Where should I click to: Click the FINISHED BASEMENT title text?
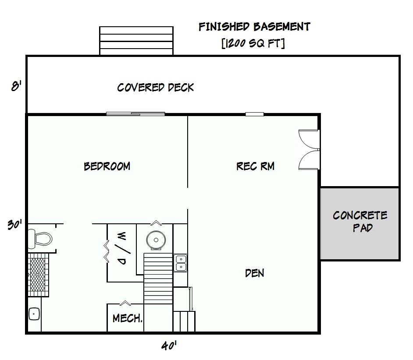pos(254,27)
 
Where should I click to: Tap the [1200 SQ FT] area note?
pos(254,43)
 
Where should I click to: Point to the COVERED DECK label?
pos(155,88)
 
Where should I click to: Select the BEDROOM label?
pos(107,166)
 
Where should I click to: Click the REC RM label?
pos(255,166)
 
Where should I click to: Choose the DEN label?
pos(254,273)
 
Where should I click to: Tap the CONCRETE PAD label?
pos(360,222)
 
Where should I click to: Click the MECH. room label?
pos(127,318)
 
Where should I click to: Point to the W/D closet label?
pos(122,249)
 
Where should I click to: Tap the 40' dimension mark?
pos(169,346)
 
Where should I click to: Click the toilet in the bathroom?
pos(39,239)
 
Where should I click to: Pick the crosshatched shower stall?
pos(37,274)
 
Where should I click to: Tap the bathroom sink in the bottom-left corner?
pos(34,314)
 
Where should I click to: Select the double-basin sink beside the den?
pos(181,263)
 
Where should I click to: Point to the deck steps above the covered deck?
pos(136,41)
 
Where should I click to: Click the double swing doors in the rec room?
pos(310,149)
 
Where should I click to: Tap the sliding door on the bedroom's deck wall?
pos(135,114)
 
